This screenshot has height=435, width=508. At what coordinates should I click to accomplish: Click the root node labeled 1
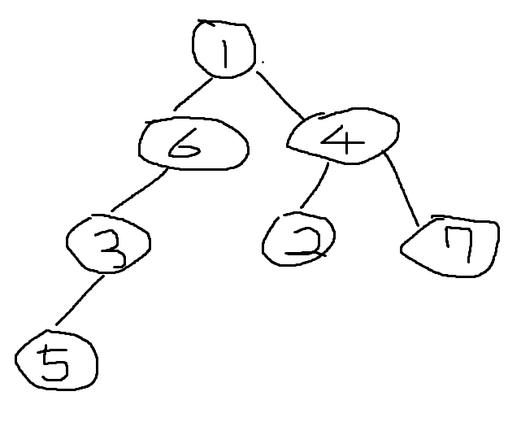coord(224,49)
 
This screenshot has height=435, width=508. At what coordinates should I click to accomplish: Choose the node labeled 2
coord(299,239)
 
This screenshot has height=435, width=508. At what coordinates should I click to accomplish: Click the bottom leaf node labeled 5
coord(56,362)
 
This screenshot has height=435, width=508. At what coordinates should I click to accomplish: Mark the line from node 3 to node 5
coord(78,302)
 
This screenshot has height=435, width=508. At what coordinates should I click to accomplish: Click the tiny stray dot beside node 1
coord(263,60)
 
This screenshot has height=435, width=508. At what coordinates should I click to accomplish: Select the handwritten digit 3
coord(111,247)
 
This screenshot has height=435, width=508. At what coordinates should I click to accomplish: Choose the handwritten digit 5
coord(55,363)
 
